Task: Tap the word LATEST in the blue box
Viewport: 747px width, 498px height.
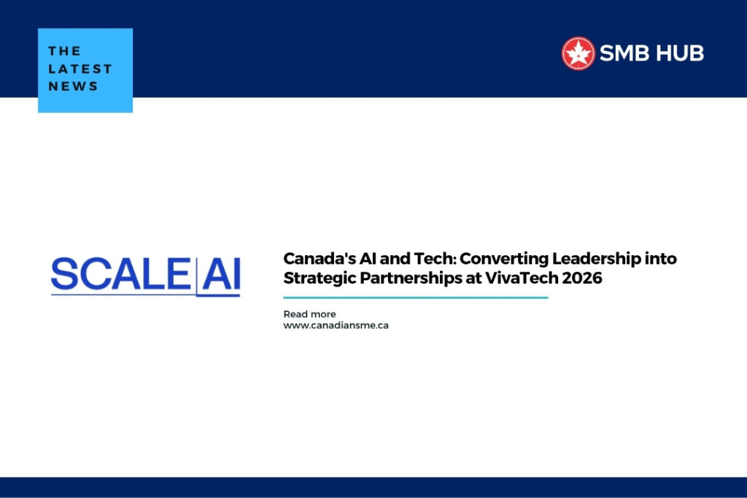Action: point(80,69)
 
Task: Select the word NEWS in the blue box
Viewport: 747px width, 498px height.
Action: point(73,86)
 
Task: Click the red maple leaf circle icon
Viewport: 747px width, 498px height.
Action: point(578,53)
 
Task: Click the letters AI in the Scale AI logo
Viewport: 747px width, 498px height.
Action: point(220,275)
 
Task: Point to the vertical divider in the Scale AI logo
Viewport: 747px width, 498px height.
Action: point(196,276)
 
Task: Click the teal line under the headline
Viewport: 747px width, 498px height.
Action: point(415,297)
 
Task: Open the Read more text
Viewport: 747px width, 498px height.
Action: point(309,314)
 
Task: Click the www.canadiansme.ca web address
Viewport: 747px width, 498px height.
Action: point(336,325)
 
